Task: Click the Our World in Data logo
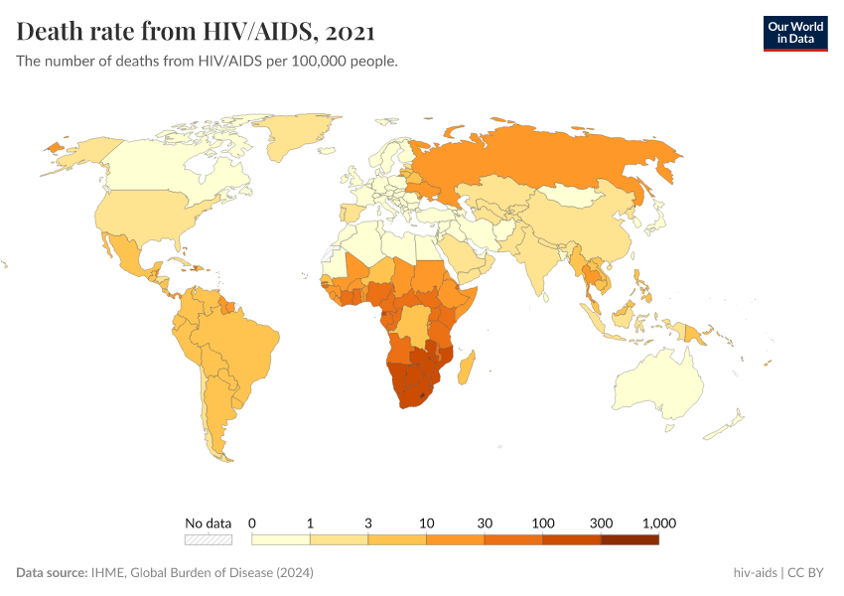[794, 33]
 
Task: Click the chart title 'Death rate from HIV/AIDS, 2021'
[196, 32]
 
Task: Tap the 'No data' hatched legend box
[209, 539]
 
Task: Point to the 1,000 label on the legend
[658, 522]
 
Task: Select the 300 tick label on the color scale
[601, 522]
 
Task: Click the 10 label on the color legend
[426, 522]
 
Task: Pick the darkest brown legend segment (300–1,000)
[630, 539]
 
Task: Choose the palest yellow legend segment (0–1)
[281, 539]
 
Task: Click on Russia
[556, 159]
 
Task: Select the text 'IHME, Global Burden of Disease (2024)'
[204, 573]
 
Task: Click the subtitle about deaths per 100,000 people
[208, 62]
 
